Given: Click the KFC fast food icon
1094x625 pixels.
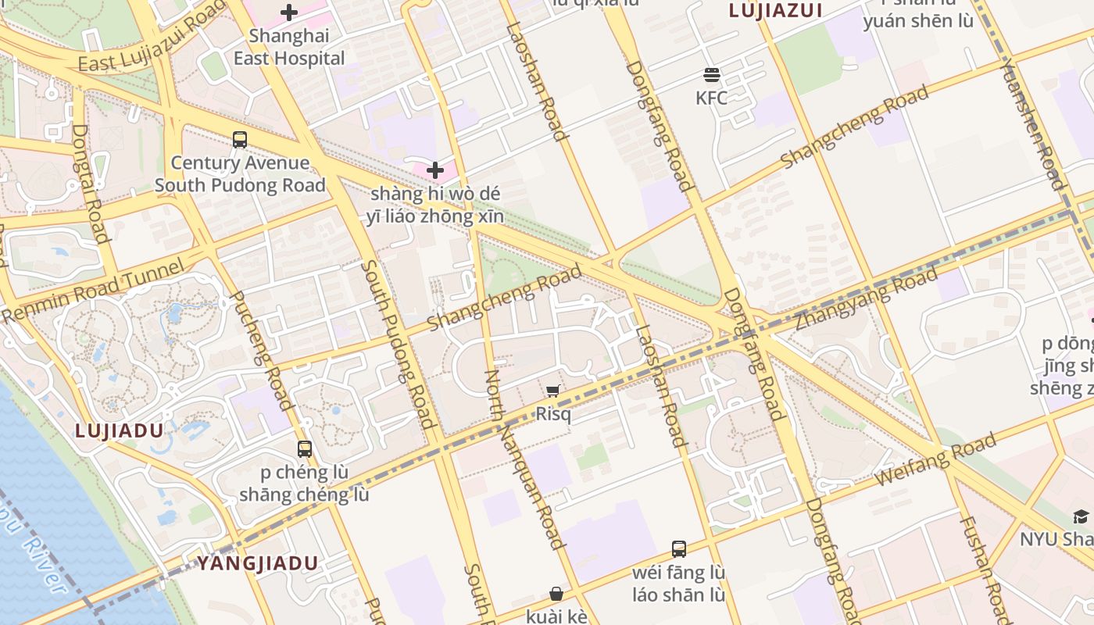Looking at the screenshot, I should click(x=711, y=75).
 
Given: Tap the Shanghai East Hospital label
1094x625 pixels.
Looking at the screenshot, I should click(x=289, y=47).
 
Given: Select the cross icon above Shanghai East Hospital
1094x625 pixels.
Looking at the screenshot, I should click(x=289, y=12).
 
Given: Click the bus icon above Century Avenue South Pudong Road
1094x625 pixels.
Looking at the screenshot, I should click(x=240, y=140).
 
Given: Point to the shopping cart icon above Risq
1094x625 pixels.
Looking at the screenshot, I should click(x=553, y=391).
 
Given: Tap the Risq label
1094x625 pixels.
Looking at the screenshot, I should click(x=553, y=414).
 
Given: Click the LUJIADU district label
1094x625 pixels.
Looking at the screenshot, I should click(x=120, y=430).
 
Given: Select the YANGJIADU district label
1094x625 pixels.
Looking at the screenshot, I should click(x=257, y=563).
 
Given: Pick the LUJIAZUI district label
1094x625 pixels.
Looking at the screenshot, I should click(x=775, y=10).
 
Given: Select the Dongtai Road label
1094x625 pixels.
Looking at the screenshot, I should click(x=91, y=183).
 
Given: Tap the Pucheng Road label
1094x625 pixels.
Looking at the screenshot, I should click(x=261, y=350).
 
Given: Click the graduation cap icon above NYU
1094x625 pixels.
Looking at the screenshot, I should click(x=1081, y=516).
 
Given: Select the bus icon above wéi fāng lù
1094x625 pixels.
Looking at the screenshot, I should click(x=678, y=549).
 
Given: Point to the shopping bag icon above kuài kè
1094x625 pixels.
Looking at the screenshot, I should click(x=556, y=594).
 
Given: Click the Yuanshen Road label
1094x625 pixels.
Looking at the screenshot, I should click(x=1032, y=123).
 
